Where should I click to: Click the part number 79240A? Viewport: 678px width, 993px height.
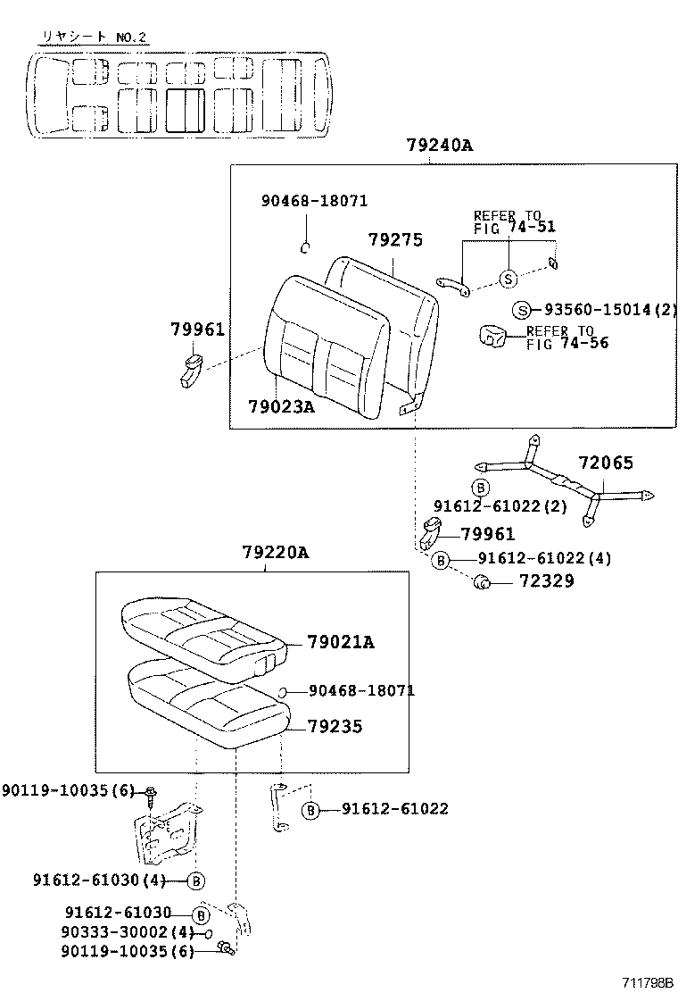pyautogui.click(x=440, y=146)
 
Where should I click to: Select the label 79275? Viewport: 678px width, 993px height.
pyautogui.click(x=395, y=240)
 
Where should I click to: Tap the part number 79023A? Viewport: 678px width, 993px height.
pyautogui.click(x=281, y=406)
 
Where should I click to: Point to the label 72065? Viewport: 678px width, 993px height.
pyautogui.click(x=605, y=463)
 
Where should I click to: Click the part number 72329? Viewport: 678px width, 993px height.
pyautogui.click(x=547, y=580)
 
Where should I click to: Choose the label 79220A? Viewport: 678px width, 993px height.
pyautogui.click(x=276, y=553)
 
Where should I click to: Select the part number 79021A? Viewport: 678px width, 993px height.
pyautogui.click(x=341, y=643)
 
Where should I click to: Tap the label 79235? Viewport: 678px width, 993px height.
pyautogui.click(x=335, y=726)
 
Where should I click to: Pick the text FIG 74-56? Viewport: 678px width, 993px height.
pyautogui.click(x=567, y=344)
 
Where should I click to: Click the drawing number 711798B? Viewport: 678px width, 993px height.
pyautogui.click(x=647, y=982)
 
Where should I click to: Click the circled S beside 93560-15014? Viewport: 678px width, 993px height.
pyautogui.click(x=521, y=311)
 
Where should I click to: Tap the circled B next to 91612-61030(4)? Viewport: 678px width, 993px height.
pyautogui.click(x=196, y=880)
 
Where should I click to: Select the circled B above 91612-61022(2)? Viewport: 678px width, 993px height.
pyautogui.click(x=481, y=488)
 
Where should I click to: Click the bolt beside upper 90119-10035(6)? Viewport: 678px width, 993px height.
pyautogui.click(x=151, y=795)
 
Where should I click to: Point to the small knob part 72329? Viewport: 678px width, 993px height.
pyautogui.click(x=482, y=581)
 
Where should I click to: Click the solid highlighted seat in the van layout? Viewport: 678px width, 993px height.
pyautogui.click(x=186, y=110)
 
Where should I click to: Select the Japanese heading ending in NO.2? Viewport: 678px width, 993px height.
pyautogui.click(x=94, y=38)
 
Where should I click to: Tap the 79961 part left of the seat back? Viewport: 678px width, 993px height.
pyautogui.click(x=192, y=371)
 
